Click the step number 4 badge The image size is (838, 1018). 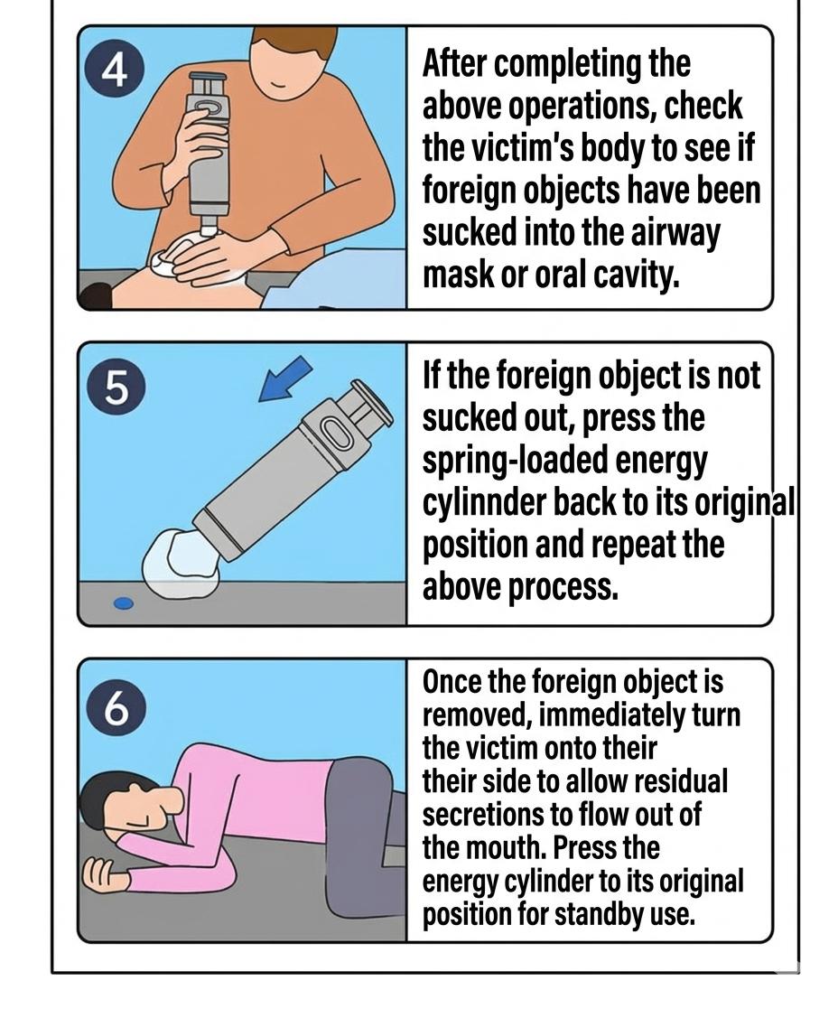(x=115, y=71)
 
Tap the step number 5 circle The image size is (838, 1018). (x=115, y=388)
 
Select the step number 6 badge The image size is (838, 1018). (x=115, y=706)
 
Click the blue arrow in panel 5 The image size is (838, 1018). (x=285, y=379)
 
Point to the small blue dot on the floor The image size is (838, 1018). (x=124, y=603)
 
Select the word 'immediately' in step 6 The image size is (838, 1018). (x=611, y=715)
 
